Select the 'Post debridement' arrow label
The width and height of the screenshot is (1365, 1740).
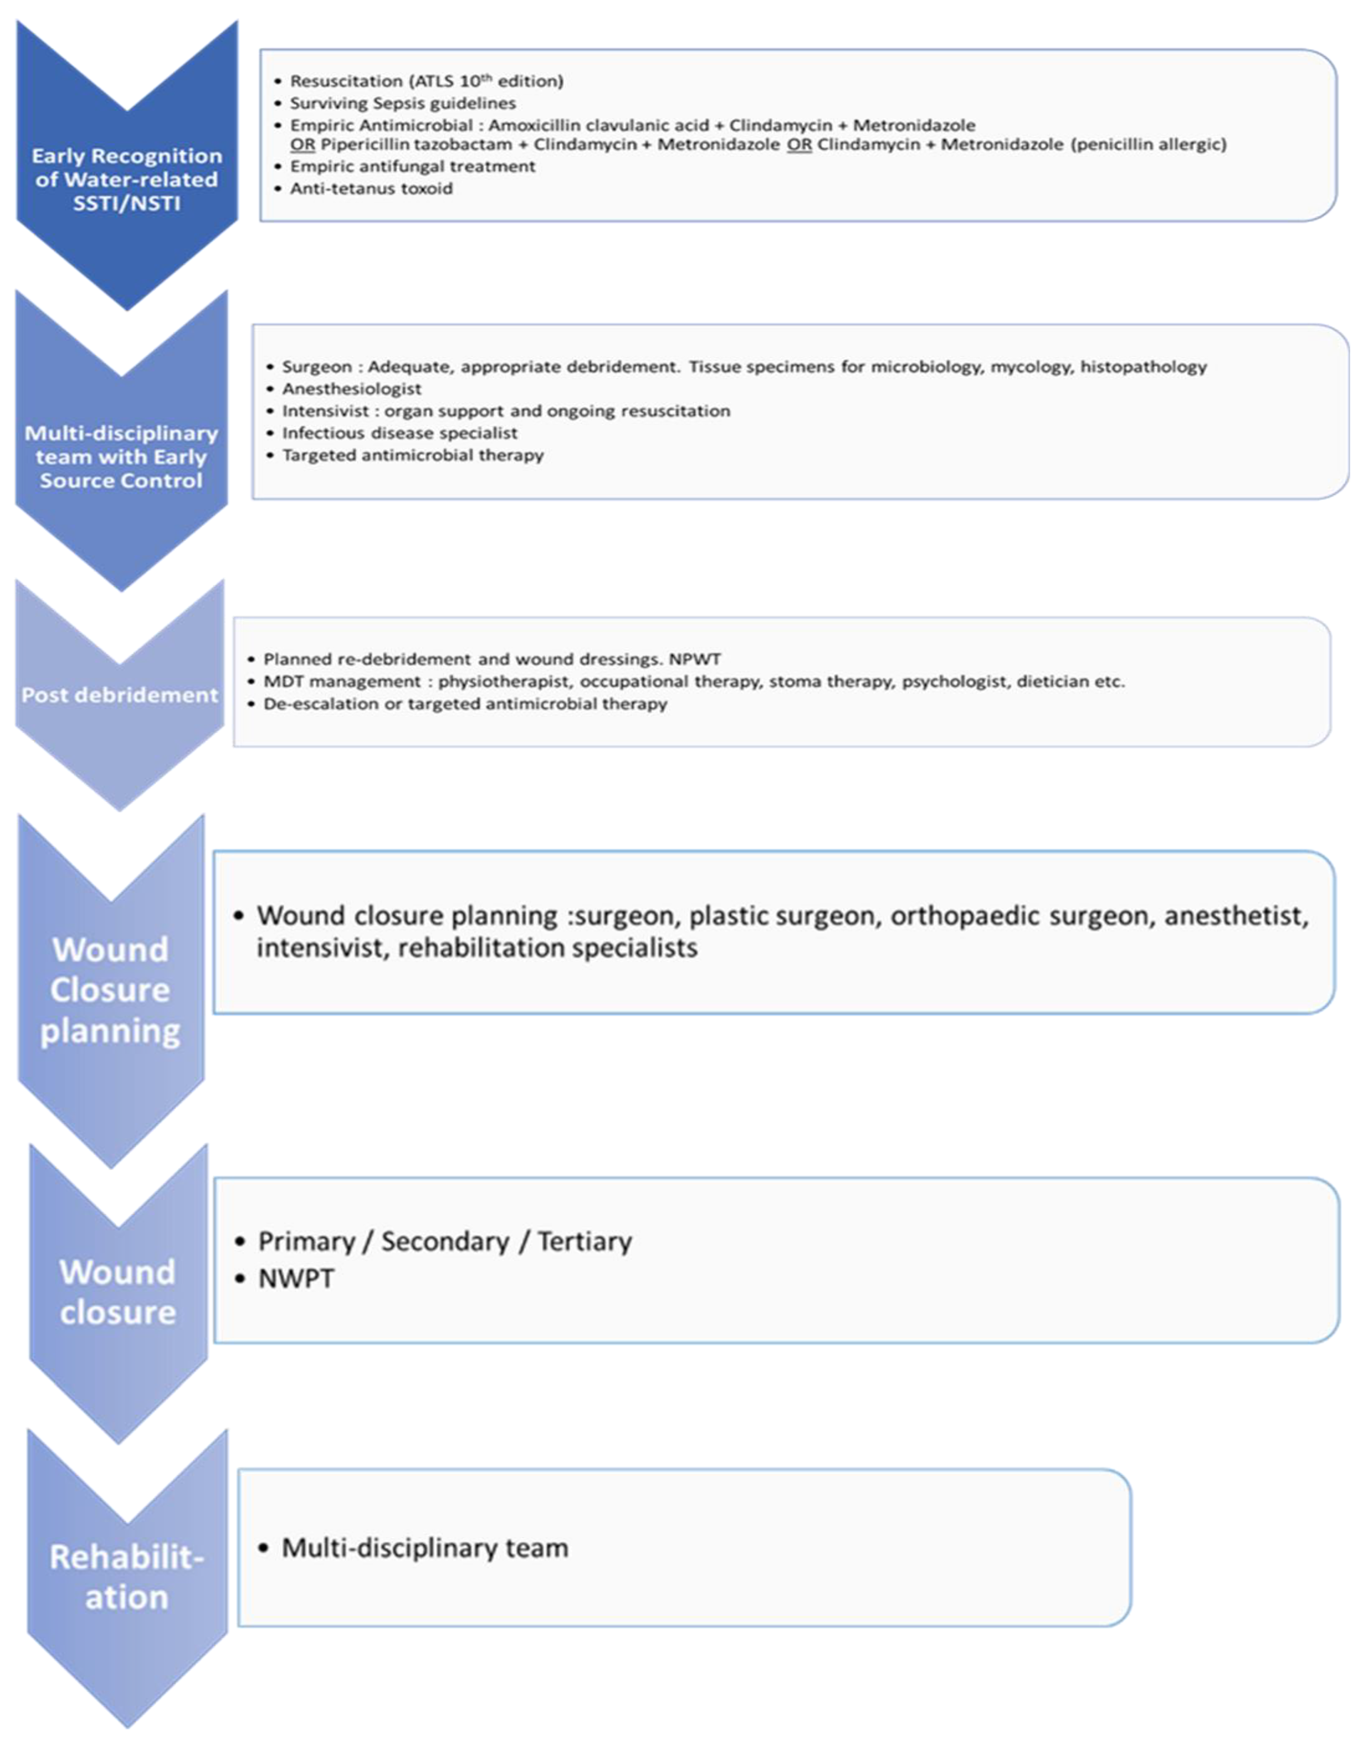(x=120, y=694)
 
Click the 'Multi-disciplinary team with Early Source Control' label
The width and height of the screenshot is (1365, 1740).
(x=121, y=456)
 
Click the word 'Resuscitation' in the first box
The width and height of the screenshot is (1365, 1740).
(x=345, y=81)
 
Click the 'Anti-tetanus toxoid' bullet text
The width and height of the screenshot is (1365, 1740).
(x=371, y=189)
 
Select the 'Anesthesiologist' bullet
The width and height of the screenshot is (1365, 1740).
(x=352, y=389)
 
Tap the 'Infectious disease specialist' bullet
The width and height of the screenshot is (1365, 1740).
(x=400, y=433)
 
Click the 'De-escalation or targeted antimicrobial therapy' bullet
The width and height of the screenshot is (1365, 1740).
(x=465, y=704)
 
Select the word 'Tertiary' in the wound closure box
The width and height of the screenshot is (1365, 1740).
(x=584, y=1241)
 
